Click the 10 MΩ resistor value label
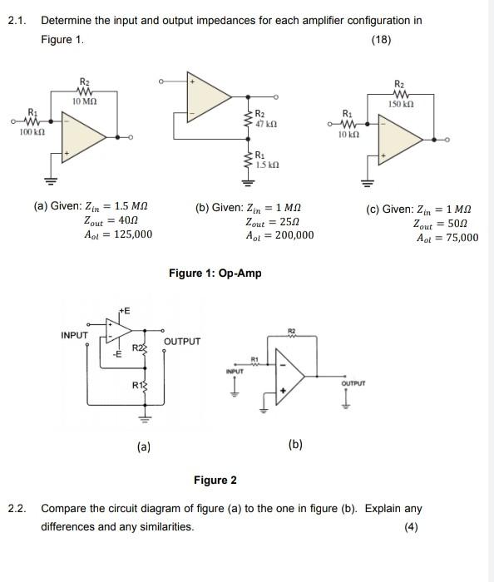pos(84,101)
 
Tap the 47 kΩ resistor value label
pos(266,122)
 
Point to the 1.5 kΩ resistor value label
pos(268,165)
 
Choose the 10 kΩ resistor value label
pos(348,132)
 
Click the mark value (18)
pos(382,39)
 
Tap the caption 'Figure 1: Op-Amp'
pos(215,273)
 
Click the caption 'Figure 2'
pos(215,480)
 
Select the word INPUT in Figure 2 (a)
pos(76,335)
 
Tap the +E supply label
pos(124,310)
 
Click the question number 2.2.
pos(17,508)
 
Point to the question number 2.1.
pos(17,20)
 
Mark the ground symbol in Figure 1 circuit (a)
pos(48,180)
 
